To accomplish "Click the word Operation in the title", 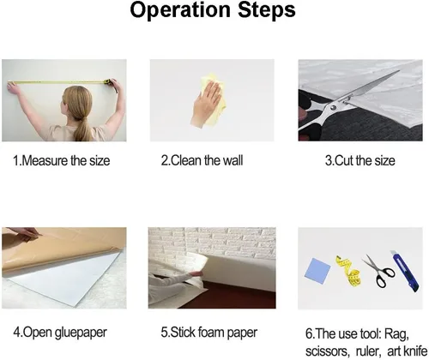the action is coord(180,10).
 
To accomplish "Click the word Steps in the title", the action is coord(266,10).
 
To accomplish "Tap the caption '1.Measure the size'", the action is coord(62,160).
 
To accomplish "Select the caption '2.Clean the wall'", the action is coord(202,160).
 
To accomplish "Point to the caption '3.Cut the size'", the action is coord(360,160).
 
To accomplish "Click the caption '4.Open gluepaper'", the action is coord(60,333).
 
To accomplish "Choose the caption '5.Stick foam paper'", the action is coord(209,333).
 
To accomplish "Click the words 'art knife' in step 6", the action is coord(408,351).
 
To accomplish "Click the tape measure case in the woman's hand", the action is coord(107,82).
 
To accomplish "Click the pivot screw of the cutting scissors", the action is coord(333,108).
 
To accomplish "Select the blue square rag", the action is coord(317,269).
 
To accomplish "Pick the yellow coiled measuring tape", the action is coord(349,271).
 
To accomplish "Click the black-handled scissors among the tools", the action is coord(379,271).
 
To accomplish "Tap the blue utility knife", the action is coord(404,271).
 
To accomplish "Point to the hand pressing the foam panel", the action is coord(195,273).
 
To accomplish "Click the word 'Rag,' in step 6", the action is coord(396,334).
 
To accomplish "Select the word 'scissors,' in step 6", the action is coord(328,351).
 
